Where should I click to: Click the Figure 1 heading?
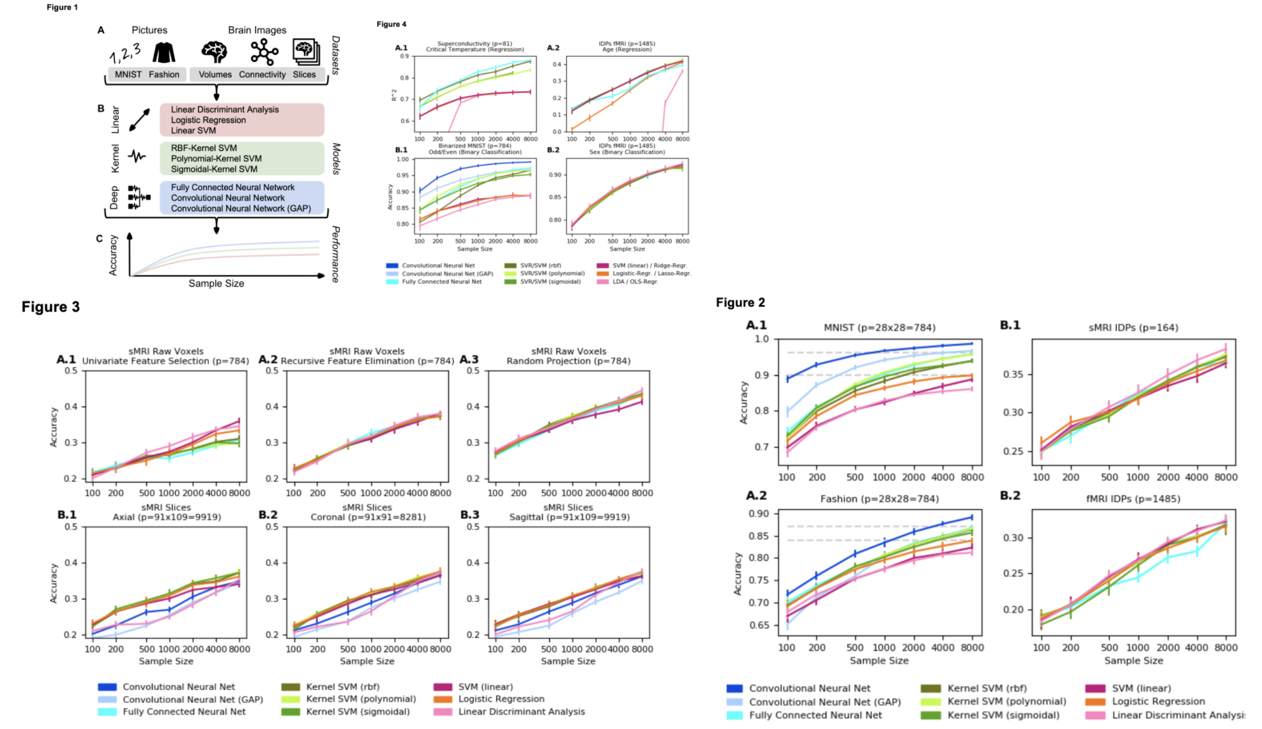(62, 7)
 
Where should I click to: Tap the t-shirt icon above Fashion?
(164, 52)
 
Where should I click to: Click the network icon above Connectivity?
(264, 52)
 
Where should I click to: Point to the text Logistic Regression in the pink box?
(208, 120)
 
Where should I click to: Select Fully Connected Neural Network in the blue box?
(232, 188)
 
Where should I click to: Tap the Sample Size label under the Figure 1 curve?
(216, 283)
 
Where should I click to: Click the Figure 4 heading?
(392, 24)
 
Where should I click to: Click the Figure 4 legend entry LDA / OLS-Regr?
(635, 282)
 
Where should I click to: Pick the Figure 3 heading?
(50, 307)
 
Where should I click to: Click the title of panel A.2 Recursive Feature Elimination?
(367, 361)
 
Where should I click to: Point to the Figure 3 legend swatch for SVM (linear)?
(443, 687)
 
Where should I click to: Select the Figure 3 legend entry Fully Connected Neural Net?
(184, 712)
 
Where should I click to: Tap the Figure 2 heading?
(740, 303)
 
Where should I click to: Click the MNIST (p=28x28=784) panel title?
(879, 327)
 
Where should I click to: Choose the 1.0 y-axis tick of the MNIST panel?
(762, 339)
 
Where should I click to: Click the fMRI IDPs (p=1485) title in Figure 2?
(1133, 499)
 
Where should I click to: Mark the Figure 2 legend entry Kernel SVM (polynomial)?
(1007, 702)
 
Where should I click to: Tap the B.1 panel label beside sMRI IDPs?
(1010, 325)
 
